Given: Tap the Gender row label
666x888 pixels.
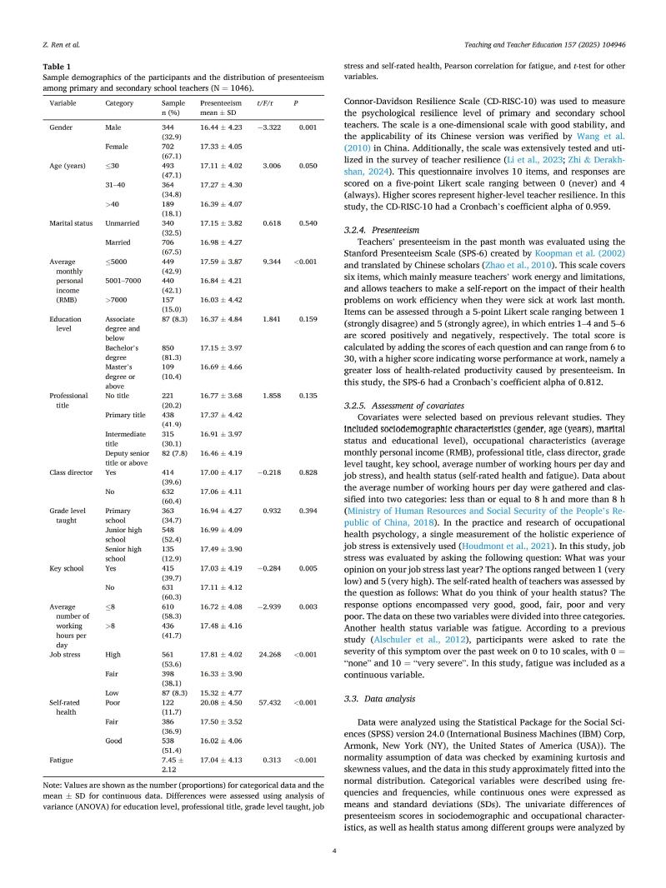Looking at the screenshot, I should pos(61,127).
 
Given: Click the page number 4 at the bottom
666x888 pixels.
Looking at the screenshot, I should pos(333,851).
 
